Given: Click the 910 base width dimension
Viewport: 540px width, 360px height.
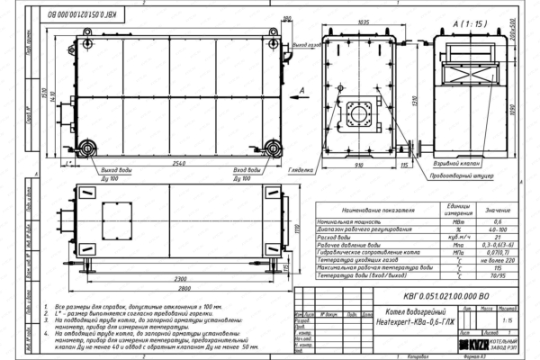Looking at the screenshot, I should [x=360, y=166].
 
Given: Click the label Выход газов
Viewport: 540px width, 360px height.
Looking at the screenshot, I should [x=305, y=43].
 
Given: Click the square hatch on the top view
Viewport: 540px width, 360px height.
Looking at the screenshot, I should [x=118, y=219].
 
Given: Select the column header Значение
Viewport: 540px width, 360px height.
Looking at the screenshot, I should [x=492, y=209].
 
